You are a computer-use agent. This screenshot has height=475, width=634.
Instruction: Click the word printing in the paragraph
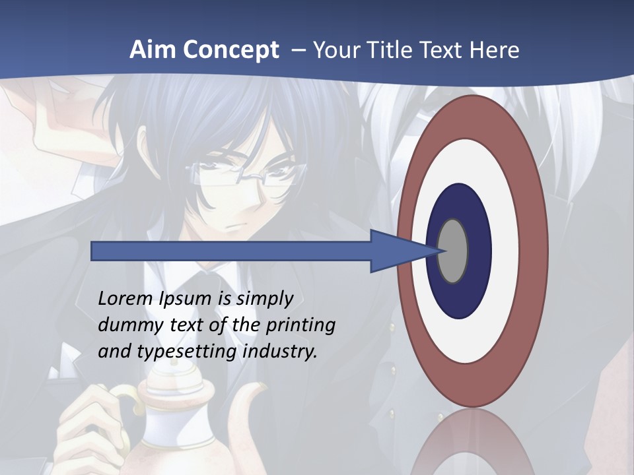click(x=300, y=326)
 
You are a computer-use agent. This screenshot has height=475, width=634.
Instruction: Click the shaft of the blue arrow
click(x=231, y=251)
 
